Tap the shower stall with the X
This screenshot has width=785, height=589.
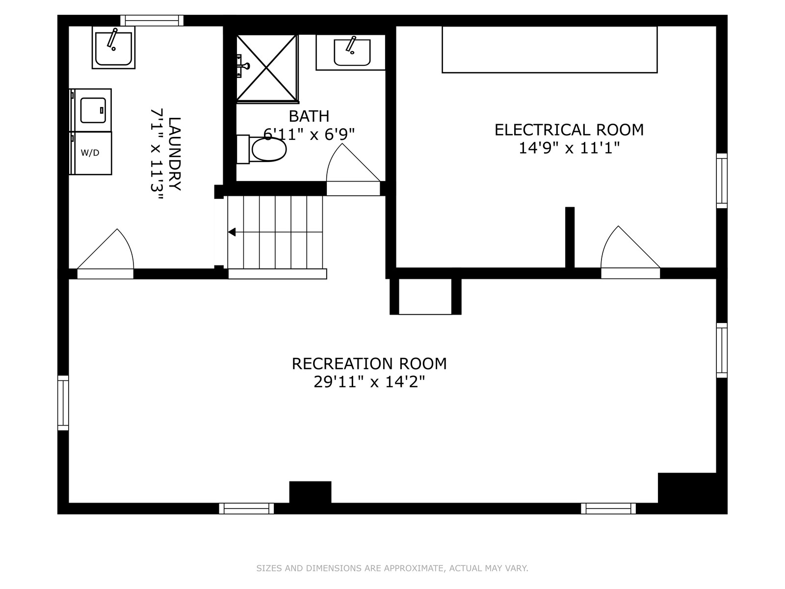click(267, 68)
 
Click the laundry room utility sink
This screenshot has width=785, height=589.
click(113, 47)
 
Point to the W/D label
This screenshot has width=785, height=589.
click(90, 153)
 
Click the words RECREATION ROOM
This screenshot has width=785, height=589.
click(369, 364)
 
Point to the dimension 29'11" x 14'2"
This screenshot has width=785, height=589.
click(369, 382)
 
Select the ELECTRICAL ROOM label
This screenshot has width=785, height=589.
click(569, 130)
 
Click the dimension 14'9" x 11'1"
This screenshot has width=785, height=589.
click(569, 148)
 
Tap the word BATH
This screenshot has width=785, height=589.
click(309, 116)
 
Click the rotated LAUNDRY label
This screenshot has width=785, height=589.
click(175, 154)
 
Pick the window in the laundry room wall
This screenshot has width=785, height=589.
click(152, 21)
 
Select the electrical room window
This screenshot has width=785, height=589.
click(722, 181)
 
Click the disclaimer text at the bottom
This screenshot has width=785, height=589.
click(392, 568)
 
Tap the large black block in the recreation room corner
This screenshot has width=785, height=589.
click(692, 493)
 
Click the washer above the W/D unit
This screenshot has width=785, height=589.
click(90, 110)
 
